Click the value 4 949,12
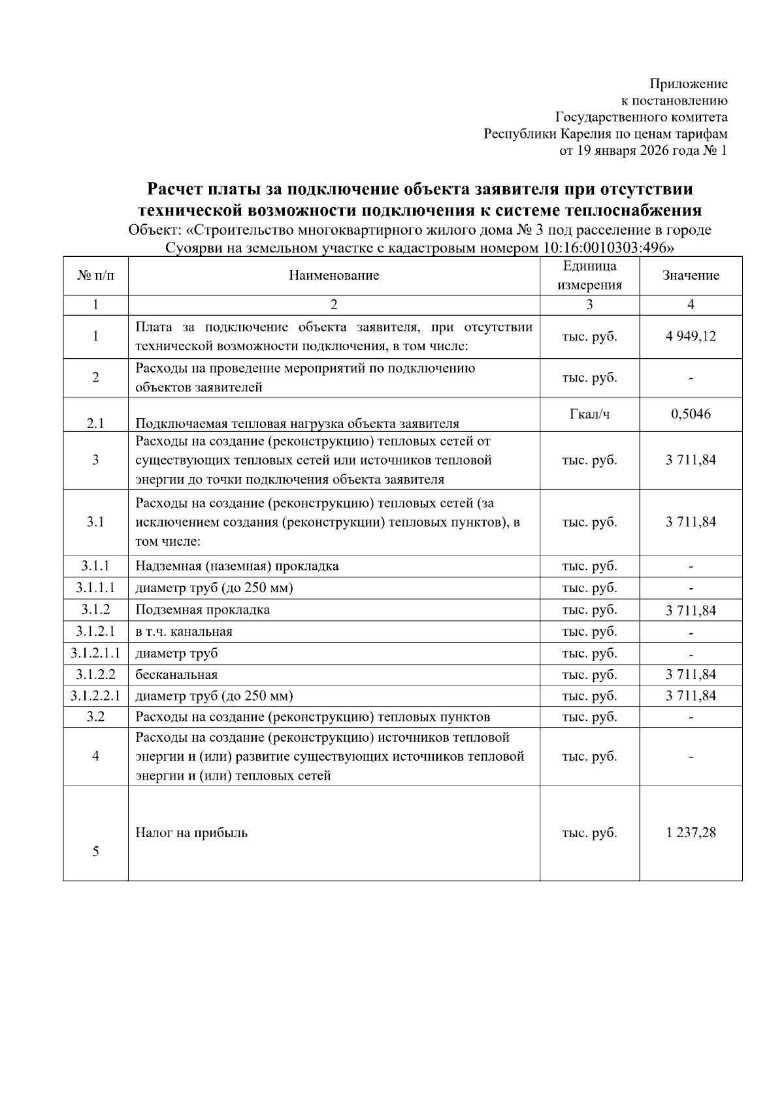click(691, 337)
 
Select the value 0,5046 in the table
click(691, 414)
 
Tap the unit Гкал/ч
click(589, 414)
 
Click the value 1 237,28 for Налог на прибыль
click(691, 833)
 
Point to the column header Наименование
click(334, 275)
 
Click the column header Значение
click(691, 275)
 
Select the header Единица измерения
click(589, 275)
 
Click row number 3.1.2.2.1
click(95, 695)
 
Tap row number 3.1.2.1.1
click(95, 653)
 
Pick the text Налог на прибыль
click(191, 833)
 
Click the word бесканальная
click(176, 674)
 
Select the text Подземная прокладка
click(203, 610)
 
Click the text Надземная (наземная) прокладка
click(237, 566)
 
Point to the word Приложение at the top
click(688, 84)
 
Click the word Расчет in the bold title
click(175, 190)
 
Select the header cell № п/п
click(95, 275)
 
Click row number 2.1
click(95, 423)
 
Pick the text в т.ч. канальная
click(184, 631)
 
